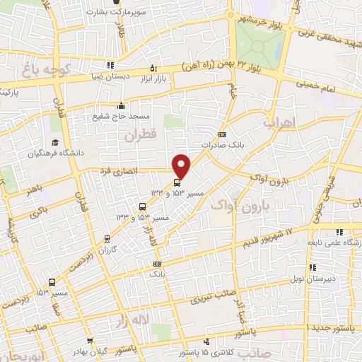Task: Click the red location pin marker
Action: click(x=182, y=165)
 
